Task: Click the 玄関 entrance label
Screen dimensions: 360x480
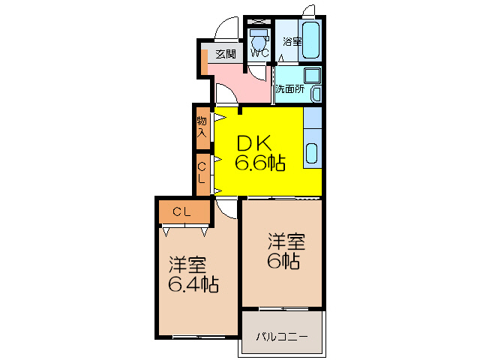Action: coord(225,54)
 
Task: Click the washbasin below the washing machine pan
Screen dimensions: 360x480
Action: coord(316,94)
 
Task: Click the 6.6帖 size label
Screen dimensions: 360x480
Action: coord(260,163)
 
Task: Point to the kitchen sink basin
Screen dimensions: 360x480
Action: coord(313,154)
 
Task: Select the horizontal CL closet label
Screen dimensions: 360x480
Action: coord(182,212)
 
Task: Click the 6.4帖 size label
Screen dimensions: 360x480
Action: coord(193,284)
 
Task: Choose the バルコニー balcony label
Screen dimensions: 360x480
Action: coord(281,336)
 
